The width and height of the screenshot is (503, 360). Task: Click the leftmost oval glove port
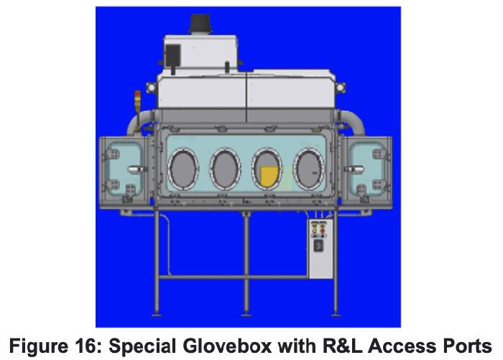pos(183,169)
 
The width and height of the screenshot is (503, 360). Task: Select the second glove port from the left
pos(225,169)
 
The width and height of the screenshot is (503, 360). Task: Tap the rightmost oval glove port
pos(309,169)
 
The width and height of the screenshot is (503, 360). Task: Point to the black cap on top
pos(200,23)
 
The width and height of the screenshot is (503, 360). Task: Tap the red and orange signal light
pos(138,97)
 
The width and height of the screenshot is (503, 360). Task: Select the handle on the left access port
pos(136,169)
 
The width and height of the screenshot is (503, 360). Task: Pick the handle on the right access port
pos(354,169)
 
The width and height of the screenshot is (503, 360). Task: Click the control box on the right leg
pos(320,249)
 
